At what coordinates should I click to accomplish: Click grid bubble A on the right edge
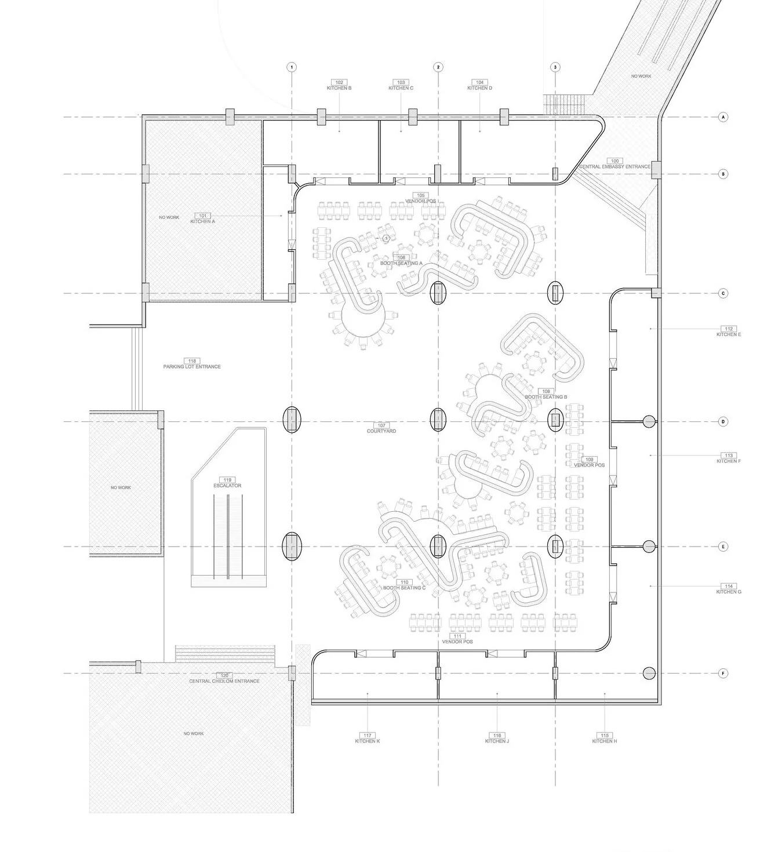point(723,117)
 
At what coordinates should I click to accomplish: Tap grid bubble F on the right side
point(723,673)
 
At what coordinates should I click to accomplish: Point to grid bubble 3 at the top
point(555,67)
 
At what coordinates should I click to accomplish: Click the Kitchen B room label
point(339,88)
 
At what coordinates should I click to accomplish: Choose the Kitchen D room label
point(479,88)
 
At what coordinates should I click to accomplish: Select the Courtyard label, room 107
point(381,431)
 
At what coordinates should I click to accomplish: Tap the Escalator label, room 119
point(227,486)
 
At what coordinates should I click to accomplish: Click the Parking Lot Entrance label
point(192,366)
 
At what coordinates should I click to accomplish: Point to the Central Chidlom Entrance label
point(224,681)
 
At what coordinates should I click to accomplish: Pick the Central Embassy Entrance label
point(614,166)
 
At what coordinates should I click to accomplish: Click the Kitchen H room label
point(605,741)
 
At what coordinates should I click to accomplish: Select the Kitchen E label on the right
point(729,334)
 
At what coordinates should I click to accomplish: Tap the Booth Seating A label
point(401,263)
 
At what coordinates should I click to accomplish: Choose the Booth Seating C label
point(404,588)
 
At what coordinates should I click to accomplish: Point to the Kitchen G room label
point(729,592)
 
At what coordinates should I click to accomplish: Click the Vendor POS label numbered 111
point(457,642)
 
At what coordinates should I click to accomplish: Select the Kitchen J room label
point(497,741)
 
